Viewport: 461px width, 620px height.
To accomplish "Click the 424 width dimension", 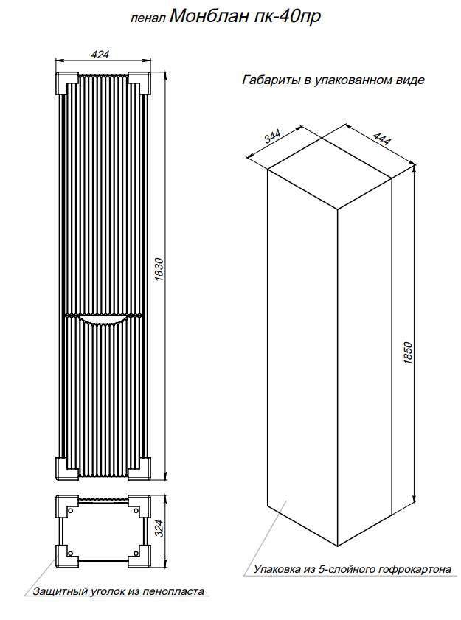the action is tap(100, 54).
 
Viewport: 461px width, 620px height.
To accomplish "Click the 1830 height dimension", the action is tap(159, 270).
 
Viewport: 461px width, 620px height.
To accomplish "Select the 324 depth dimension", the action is tap(159, 529).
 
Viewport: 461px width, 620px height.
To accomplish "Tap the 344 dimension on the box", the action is tap(272, 136).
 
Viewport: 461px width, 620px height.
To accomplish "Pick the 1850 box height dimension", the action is tap(408, 353).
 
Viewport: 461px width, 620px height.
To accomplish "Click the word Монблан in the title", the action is tap(210, 17).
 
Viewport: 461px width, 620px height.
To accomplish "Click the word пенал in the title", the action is tap(148, 19).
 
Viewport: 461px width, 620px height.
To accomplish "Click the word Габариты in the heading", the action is tap(271, 80).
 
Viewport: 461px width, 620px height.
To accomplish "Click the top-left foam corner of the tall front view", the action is tap(67, 83).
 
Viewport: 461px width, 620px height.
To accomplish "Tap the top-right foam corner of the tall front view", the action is tap(139, 83).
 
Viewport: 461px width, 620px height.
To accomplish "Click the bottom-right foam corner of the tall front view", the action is tap(139, 469).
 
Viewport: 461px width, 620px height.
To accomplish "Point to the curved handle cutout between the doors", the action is tap(103, 320).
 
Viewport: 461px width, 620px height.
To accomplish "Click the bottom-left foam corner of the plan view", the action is tap(67, 557).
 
